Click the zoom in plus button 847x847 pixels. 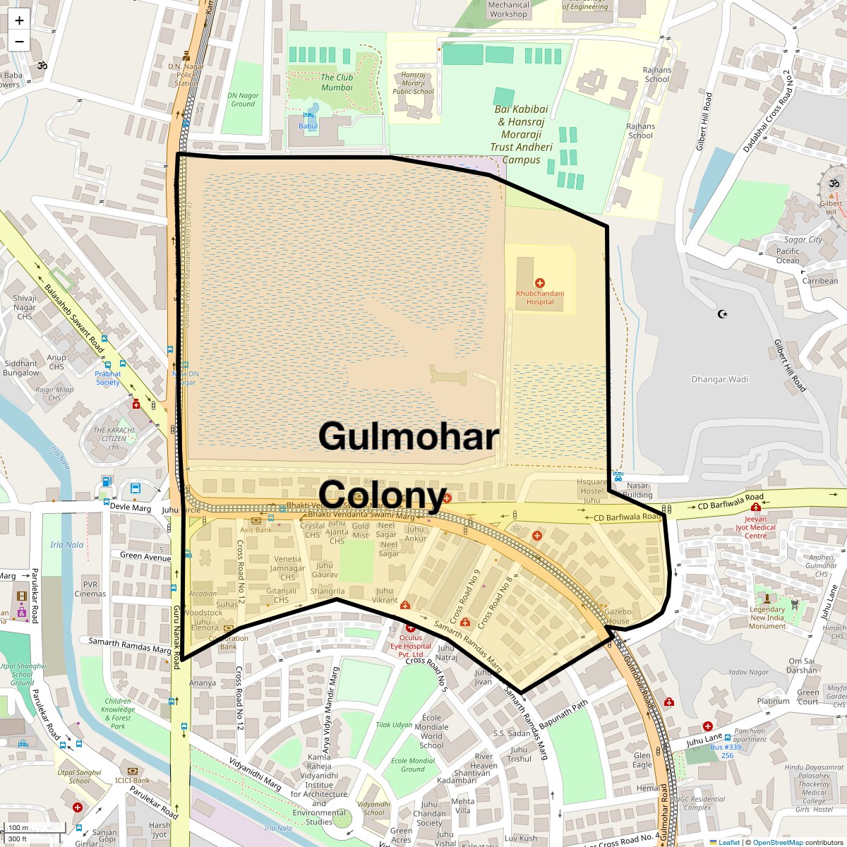(x=19, y=20)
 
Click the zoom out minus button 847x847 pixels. (x=19, y=41)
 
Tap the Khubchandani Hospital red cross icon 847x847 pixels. (x=540, y=283)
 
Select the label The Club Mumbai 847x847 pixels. (x=337, y=83)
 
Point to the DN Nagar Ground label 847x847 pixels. (x=243, y=100)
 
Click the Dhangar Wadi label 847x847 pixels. (x=719, y=379)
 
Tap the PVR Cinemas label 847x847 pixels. (x=90, y=589)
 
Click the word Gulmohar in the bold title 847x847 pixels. (x=409, y=436)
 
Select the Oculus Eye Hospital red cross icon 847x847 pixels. (x=411, y=627)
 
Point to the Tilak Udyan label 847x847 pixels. (x=394, y=725)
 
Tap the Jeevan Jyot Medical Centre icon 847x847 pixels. (x=756, y=507)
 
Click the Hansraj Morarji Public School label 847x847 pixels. (x=413, y=83)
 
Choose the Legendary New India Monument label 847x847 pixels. (x=767, y=618)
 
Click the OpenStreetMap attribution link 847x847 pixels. (x=777, y=842)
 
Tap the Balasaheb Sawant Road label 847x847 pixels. (x=74, y=319)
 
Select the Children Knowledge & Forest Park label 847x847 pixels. (x=118, y=714)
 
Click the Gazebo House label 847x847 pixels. (x=618, y=616)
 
